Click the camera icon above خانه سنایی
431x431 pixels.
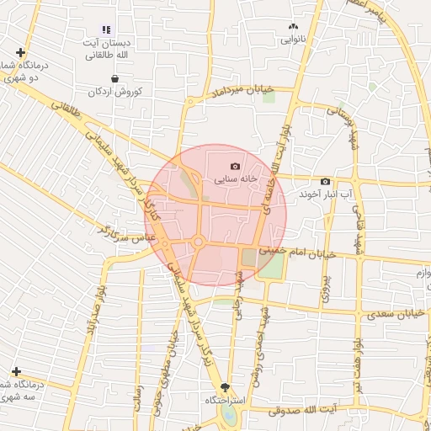point(235,167)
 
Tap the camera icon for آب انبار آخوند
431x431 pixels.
point(326,182)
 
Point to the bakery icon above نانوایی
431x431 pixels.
point(293,26)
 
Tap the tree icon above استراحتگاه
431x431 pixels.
point(224,386)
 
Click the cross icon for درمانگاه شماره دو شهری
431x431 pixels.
point(19,52)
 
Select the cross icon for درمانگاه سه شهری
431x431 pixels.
point(16,371)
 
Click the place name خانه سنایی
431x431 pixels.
point(234,180)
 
